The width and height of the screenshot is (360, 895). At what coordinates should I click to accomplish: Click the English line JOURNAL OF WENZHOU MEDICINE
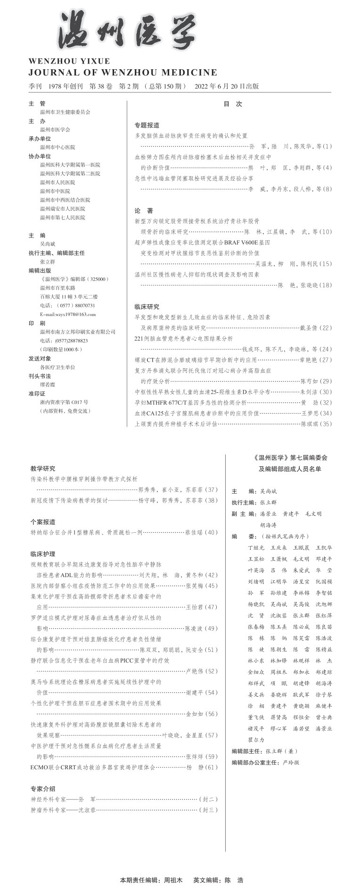[x=123, y=73]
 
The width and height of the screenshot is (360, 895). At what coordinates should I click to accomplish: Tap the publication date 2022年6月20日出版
[x=226, y=86]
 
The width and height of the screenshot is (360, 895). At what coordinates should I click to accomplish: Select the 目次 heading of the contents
[x=232, y=104]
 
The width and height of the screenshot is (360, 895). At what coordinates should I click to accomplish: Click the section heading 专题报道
[x=147, y=125]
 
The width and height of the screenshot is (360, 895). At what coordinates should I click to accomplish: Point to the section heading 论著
[x=144, y=211]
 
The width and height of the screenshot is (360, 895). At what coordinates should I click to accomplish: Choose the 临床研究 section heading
[x=147, y=307]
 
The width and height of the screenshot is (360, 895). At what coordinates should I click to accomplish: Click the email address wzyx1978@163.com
[x=68, y=314]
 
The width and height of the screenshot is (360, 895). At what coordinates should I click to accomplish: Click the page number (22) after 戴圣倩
[x=326, y=328]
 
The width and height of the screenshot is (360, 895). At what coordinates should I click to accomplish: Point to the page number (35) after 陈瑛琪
[x=326, y=424]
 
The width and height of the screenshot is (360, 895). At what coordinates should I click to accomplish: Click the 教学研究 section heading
[x=43, y=468]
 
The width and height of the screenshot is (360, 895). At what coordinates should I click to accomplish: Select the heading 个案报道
[x=43, y=522]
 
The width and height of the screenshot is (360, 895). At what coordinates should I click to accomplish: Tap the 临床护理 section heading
[x=43, y=554]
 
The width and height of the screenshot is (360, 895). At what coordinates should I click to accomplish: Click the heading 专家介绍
[x=43, y=789]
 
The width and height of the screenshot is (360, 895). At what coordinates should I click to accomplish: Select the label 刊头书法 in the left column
[x=40, y=376]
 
